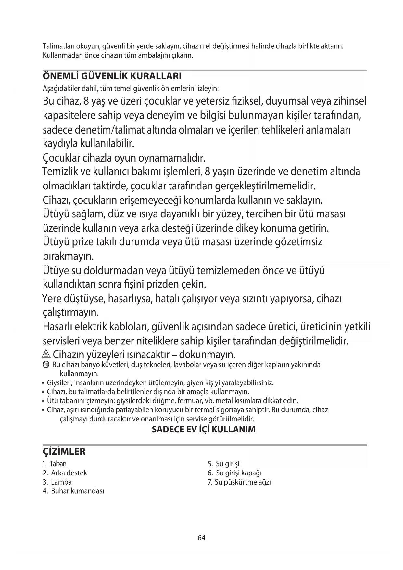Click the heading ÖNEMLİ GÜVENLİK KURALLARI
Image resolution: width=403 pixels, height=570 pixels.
pos(112,76)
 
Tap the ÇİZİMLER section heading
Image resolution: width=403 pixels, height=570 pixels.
pos(64,451)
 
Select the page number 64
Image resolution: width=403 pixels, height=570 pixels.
pos(201,538)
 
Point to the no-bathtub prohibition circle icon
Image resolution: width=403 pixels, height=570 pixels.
pos(46,365)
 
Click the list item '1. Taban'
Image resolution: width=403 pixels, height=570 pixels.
pos(55,464)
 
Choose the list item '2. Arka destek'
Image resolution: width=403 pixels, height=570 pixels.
pos(65,473)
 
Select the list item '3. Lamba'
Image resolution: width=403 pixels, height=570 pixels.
pos(57,482)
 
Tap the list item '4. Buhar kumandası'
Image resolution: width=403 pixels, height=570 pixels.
pos(73,491)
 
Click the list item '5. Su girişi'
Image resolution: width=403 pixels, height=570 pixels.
pos(223,464)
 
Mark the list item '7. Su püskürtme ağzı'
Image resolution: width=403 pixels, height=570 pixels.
pos(239,482)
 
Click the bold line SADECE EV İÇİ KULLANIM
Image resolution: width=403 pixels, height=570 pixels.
pos(204,429)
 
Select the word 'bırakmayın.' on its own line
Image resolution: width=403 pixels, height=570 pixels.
pos(68,257)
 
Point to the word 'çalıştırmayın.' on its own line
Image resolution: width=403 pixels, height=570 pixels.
pos(70,313)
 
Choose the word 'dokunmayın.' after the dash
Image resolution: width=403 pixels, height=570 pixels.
pos(207,354)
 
